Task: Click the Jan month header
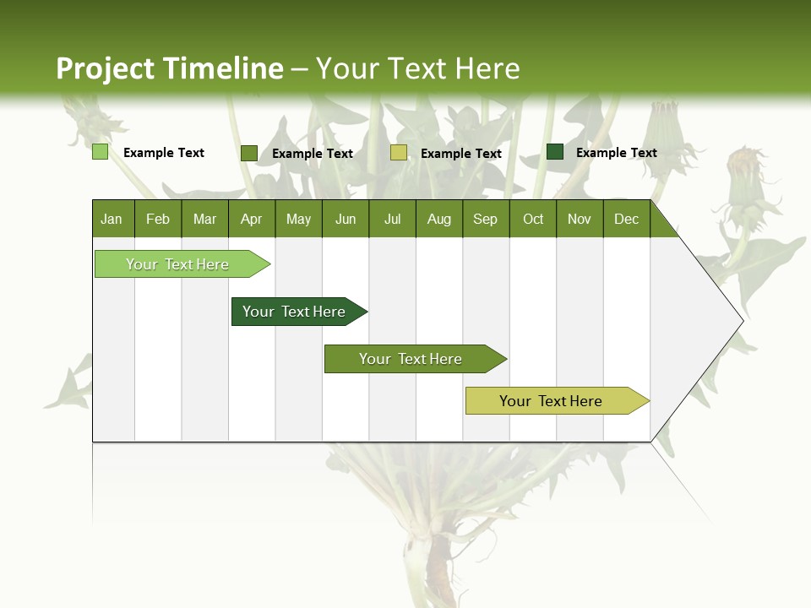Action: tap(112, 219)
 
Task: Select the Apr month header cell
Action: tap(251, 219)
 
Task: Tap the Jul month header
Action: tap(392, 219)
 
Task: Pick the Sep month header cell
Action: tap(485, 219)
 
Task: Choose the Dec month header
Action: tap(626, 219)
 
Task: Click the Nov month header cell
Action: tap(579, 219)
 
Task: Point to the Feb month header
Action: tap(158, 219)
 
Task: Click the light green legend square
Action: tap(100, 152)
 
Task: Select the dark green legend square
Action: tap(555, 152)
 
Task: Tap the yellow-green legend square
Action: tap(399, 153)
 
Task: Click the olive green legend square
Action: tap(249, 153)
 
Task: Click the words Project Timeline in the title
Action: tap(169, 68)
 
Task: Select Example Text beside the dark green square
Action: tap(616, 153)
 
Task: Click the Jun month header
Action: tap(346, 219)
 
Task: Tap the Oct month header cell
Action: tap(533, 219)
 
